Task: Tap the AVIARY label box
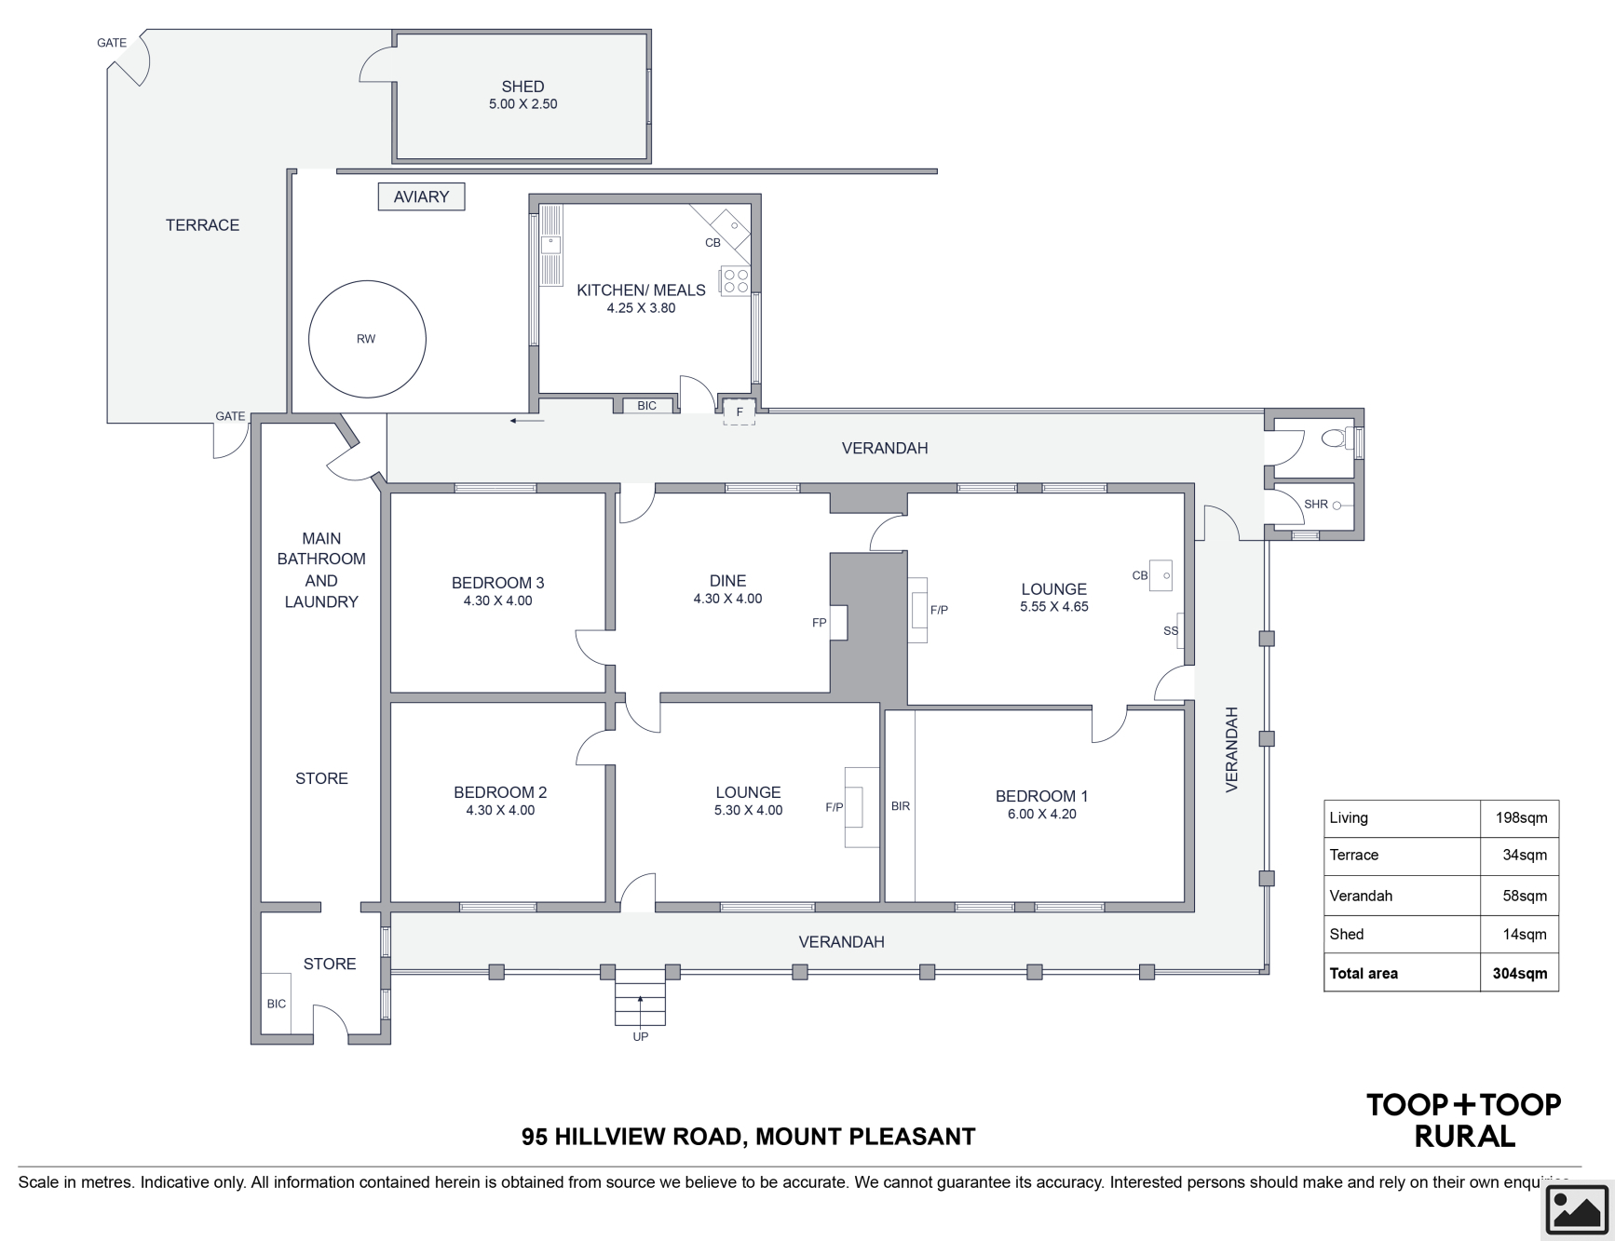[421, 196]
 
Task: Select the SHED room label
[522, 87]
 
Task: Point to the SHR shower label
[1316, 505]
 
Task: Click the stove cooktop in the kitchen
[735, 281]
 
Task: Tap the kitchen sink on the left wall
[550, 245]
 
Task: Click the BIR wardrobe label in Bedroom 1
[901, 806]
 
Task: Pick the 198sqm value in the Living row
[1521, 818]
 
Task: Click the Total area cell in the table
[1364, 974]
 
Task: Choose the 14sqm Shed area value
[1525, 935]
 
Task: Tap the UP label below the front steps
[641, 1037]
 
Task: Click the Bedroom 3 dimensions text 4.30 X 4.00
[498, 601]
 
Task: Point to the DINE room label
[727, 581]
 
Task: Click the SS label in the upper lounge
[1171, 631]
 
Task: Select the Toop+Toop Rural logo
[1464, 1120]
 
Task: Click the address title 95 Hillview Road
[749, 1137]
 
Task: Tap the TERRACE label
[202, 225]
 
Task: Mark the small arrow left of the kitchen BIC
[527, 422]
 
